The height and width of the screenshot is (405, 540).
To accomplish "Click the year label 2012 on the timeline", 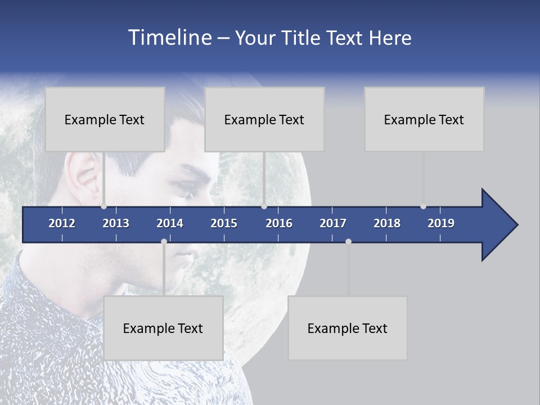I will pos(62,223).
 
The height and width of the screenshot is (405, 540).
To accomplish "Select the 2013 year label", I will pos(116,223).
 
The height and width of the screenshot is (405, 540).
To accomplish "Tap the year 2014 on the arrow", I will pos(170,223).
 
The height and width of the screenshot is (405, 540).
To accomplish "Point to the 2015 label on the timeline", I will pos(224,223).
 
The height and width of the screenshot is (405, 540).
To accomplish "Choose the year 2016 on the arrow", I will pos(279,223).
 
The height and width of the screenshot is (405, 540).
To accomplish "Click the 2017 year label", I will pos(333,223).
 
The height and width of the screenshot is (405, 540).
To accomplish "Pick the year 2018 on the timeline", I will pos(387,223).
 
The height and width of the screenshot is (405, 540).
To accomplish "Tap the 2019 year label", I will pos(441,223).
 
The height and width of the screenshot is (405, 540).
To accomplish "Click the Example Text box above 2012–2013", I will pos(105,119).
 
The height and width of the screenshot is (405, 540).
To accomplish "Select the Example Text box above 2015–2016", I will pos(264,119).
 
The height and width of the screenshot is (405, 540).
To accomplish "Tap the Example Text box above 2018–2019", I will pos(424,119).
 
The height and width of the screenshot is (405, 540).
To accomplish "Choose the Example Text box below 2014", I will pos(163,328).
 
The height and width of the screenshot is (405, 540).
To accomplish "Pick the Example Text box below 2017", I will pos(348,328).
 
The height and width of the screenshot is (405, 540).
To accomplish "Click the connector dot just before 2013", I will pos(103,206).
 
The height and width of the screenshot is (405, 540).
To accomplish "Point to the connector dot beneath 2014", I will pos(164,241).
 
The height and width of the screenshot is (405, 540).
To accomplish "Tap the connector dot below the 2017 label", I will pos(348,241).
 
